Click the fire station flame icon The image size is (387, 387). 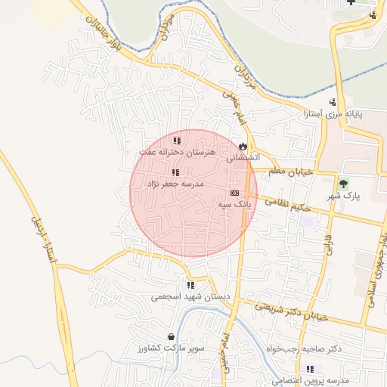[243, 145]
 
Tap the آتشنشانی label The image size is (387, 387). [243, 158]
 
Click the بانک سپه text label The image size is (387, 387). [234, 205]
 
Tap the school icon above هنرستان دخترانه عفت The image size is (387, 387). [177, 141]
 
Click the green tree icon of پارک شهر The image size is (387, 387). [344, 183]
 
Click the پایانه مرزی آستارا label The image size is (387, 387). [333, 114]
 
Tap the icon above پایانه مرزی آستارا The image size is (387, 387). [333, 102]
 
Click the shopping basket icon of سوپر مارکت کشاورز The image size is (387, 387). [172, 336]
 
